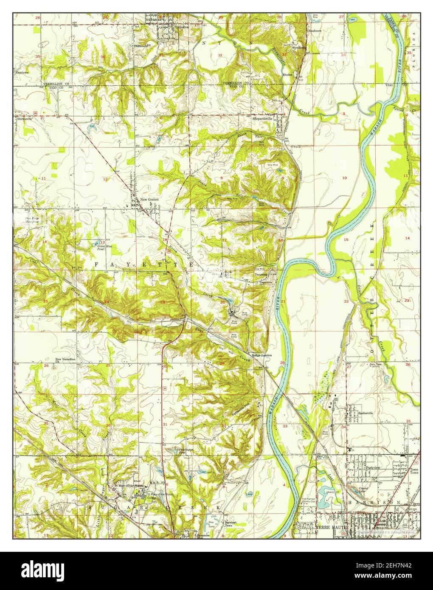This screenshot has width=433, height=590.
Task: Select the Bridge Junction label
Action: click(261, 355)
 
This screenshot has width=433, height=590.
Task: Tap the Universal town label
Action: click(183, 26)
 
